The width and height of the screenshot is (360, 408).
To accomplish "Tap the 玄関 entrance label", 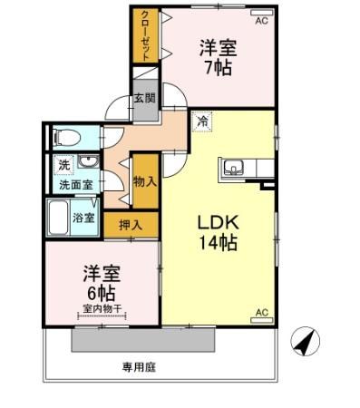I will tap(145, 98).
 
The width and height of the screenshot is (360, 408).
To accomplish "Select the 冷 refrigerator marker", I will tap(202, 119).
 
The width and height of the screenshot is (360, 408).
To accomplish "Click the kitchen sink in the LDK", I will tap(233, 168).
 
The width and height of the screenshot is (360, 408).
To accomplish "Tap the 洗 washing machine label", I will tap(63, 165).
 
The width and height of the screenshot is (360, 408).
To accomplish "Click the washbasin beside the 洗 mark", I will tap(87, 163).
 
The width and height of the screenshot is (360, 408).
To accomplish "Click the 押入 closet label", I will tap(131, 224).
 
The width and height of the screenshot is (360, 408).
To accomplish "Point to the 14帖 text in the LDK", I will tap(218, 244).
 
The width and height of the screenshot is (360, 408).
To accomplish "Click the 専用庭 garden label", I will tap(140, 367).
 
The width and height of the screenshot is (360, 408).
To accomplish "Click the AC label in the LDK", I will tap(261, 313).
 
